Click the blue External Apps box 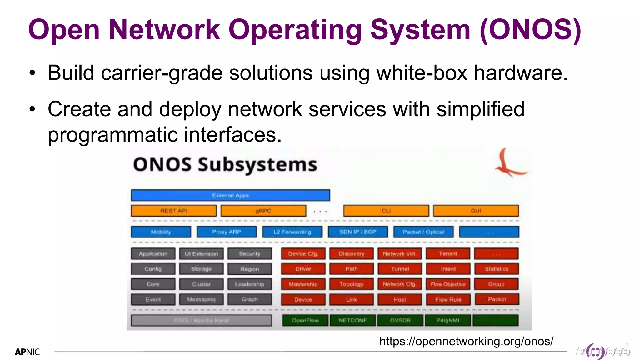coord(230,195)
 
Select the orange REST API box coord(174,211)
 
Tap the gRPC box coord(263,211)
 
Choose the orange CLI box coord(386,211)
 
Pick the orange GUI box coord(476,211)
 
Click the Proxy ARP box coord(227,232)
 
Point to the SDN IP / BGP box coord(358,232)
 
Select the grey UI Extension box coord(201,254)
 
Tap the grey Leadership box coord(249,284)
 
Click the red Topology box coord(352,284)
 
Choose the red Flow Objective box coord(448,284)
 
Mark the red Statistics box coord(496,269)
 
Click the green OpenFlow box coord(305,320)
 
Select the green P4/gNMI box coord(447,320)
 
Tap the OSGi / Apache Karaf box coord(201,320)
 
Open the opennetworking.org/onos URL coord(466,341)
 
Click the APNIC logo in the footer coord(27,352)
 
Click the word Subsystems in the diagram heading coord(257,165)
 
